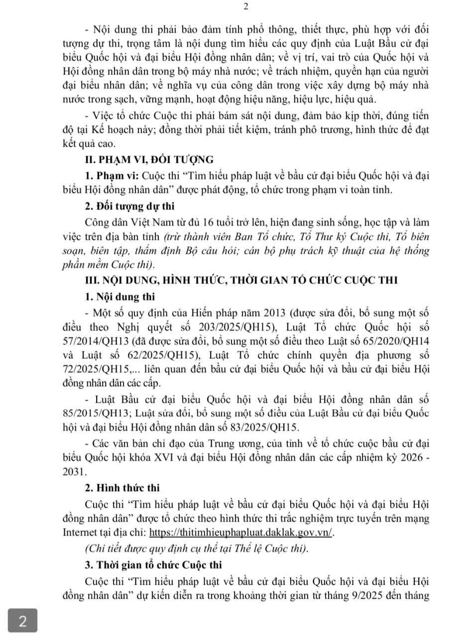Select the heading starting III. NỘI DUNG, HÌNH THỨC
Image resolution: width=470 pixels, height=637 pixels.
(x=241, y=280)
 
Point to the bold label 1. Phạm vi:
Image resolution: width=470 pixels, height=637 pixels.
(x=113, y=177)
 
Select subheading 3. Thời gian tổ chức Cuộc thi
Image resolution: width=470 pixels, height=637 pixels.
(x=153, y=565)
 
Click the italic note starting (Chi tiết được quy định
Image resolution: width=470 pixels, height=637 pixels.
(x=197, y=548)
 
